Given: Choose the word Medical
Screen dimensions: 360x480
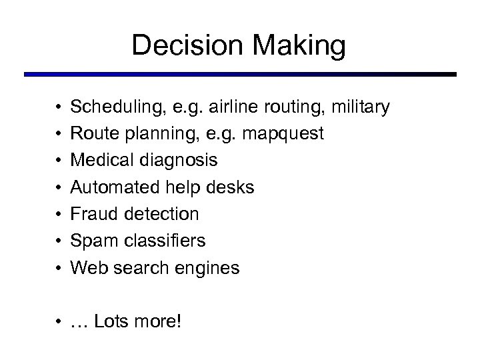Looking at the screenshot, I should point(99,161).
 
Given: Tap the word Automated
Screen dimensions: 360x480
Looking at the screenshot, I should point(111,187).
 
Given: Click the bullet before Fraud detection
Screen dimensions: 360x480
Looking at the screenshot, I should point(58,215).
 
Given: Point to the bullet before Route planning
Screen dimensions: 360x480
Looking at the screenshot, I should point(58,134).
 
